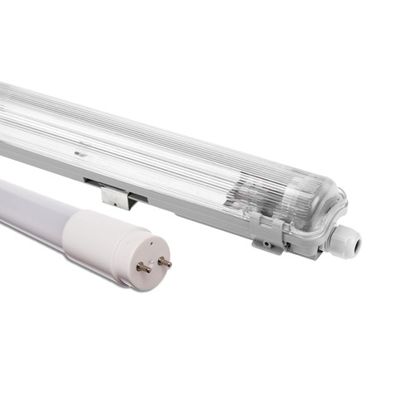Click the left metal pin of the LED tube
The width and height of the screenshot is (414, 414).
pos(142,267)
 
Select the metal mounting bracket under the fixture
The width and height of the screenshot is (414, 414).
pos(115,196)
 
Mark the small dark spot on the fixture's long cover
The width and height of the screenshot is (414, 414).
pos(80,154)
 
